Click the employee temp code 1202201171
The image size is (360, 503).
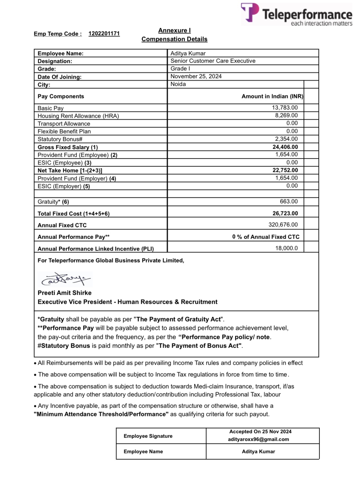coord(104,34)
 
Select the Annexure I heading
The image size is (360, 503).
coord(174,30)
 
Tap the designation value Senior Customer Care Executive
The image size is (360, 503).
coord(213,61)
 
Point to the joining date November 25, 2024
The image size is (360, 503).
coord(196,76)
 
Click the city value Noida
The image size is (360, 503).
coord(178,84)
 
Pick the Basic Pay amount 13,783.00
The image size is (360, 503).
coord(285,108)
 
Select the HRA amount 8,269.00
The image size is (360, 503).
coord(286,115)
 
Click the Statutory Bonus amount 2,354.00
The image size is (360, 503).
coord(286,139)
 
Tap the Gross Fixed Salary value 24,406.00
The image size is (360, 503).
coord(285,147)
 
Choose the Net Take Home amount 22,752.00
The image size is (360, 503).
coord(285,170)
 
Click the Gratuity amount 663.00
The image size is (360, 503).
coord(289,202)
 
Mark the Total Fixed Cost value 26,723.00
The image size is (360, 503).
coord(285,213)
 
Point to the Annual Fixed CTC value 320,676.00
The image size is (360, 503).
coord(283,225)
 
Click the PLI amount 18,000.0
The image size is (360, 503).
coord(286,248)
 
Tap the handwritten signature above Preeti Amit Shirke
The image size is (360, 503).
coord(65,280)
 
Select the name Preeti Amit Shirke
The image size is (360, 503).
coord(65,293)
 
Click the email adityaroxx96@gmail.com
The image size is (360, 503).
coord(258,439)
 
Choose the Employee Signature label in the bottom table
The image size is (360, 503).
coord(148,436)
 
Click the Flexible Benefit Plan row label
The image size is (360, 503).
coord(64,132)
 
